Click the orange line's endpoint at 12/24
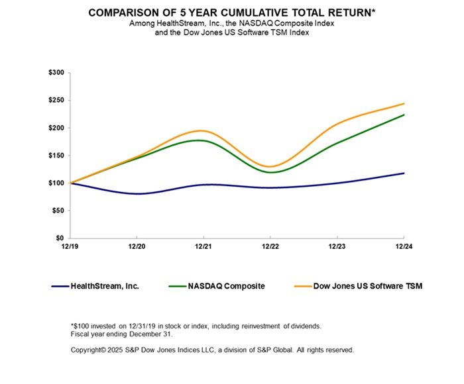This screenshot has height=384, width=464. (x=404, y=103)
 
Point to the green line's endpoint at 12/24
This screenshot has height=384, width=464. (x=404, y=115)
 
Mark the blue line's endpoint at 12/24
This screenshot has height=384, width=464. (x=404, y=173)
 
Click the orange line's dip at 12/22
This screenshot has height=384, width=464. (x=270, y=166)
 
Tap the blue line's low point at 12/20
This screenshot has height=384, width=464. (x=137, y=193)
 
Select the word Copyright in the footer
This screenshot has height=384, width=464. (x=88, y=349)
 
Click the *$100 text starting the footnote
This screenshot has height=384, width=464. (x=80, y=326)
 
